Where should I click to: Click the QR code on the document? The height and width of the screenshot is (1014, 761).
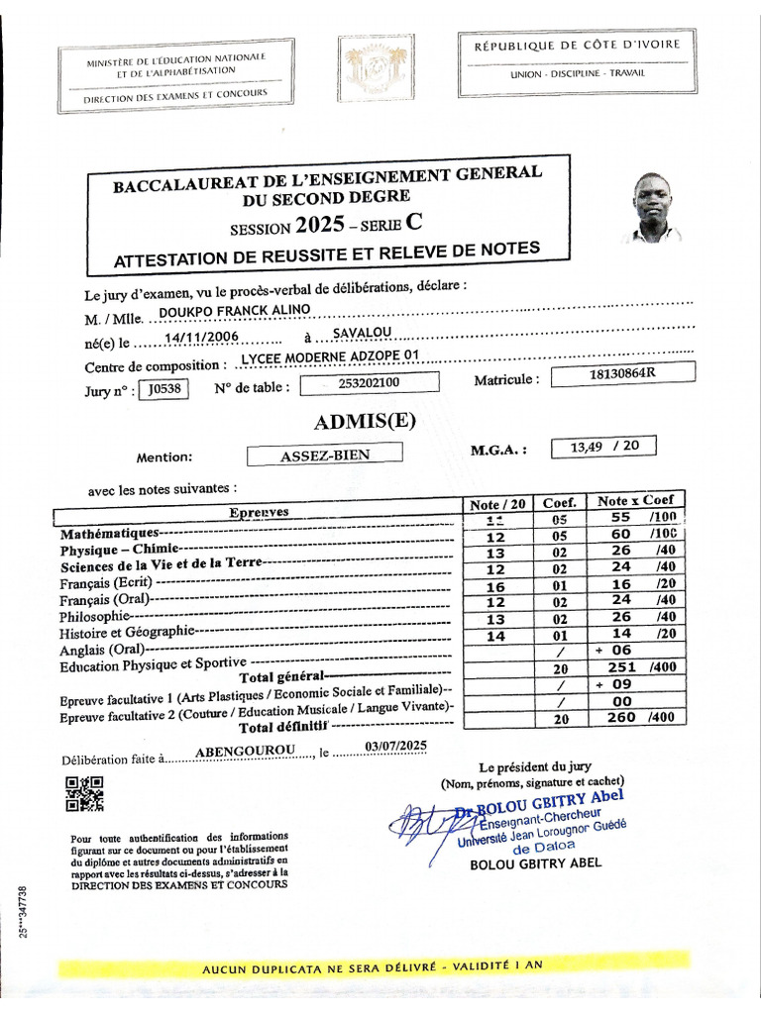(x=84, y=793)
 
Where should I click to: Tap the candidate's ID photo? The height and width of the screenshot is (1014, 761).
(x=653, y=207)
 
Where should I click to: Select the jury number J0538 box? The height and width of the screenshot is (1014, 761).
(x=163, y=389)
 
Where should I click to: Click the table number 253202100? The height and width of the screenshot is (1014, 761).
(x=368, y=383)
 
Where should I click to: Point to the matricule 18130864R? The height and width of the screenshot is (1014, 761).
(x=622, y=372)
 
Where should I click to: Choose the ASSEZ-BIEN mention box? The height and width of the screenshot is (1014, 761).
(x=325, y=456)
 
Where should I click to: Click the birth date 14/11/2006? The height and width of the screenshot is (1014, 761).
(x=202, y=338)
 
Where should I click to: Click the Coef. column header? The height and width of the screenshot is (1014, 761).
(x=560, y=502)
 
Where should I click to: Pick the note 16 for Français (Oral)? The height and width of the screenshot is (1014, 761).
(x=495, y=585)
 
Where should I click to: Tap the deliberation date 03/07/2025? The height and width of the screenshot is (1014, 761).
(x=395, y=746)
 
